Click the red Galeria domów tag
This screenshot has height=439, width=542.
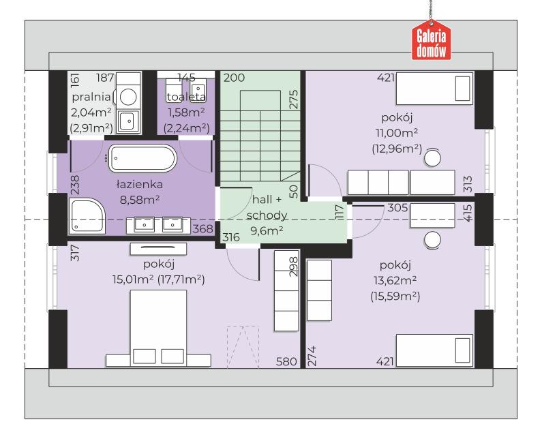coord(431,40)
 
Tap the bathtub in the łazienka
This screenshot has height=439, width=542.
coord(142,158)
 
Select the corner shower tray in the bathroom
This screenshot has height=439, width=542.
coord(87,215)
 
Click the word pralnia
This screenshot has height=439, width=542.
coord(91,97)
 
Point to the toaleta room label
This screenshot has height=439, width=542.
coord(186,97)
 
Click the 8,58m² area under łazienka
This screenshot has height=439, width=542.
coord(140,200)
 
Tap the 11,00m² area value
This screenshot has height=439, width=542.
coord(397,133)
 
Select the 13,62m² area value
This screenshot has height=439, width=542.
coord(395,280)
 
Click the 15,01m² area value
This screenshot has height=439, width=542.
coord(133,279)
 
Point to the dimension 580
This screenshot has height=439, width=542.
coord(286,361)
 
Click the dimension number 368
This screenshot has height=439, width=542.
coord(203,228)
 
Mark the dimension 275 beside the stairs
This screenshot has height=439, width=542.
coord(293,100)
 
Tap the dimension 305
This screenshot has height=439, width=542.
coord(397,208)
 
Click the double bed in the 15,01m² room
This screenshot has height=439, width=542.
coord(158,328)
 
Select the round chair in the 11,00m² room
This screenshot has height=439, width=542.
coord(432,158)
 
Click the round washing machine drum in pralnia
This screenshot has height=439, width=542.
coord(128,96)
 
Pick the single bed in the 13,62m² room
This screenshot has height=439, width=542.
coord(434,350)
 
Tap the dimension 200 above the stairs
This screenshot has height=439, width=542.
coord(234,78)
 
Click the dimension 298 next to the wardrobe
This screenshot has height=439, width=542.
coord(293,266)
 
